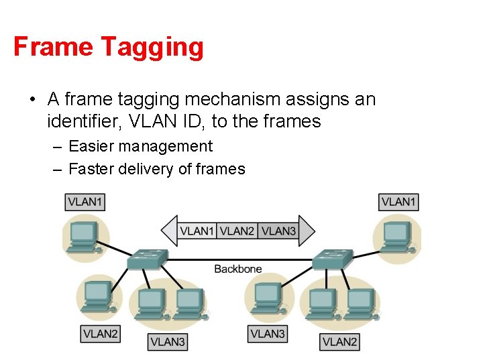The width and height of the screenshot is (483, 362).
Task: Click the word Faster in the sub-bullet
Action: point(93,169)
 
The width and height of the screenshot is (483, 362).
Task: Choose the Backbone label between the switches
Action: point(238,269)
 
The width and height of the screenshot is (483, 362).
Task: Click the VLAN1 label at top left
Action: point(85,201)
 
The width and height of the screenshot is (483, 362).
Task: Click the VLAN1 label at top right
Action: point(399,201)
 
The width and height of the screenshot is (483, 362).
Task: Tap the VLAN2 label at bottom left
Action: point(101,333)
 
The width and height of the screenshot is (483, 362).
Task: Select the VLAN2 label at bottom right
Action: point(339,342)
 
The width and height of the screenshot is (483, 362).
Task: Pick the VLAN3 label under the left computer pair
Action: point(167,342)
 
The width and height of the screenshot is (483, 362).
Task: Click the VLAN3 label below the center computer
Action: point(267,333)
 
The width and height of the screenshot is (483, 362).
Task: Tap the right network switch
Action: point(331,259)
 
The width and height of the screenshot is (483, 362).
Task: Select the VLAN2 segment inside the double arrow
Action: point(237,231)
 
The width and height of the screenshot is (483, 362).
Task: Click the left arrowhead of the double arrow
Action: point(169,231)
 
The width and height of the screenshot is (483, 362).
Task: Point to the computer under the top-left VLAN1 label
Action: point(84,235)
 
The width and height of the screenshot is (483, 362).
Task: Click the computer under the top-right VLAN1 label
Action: point(396,235)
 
